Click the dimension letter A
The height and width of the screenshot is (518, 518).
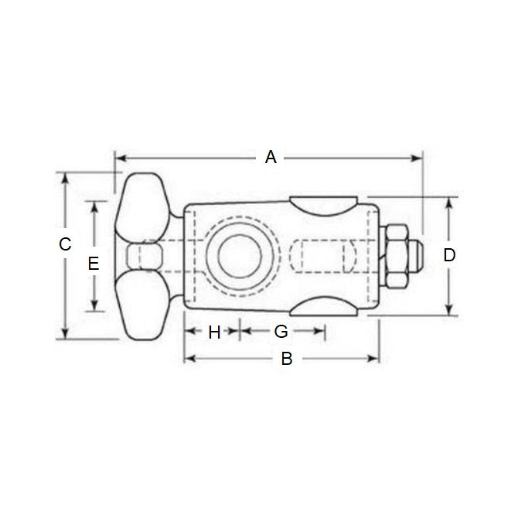point(270,158)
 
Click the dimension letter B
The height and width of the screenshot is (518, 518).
point(285,359)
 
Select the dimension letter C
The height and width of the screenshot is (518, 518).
point(66,244)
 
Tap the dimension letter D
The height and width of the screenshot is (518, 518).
point(449,254)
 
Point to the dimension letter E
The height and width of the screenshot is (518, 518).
point(94,264)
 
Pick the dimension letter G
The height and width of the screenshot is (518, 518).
point(281,332)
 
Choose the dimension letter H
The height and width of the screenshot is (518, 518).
point(215,332)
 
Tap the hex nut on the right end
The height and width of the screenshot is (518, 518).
point(397,256)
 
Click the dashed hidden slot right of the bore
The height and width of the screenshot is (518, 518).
point(325,256)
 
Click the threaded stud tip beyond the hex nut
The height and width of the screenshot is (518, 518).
point(418,256)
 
